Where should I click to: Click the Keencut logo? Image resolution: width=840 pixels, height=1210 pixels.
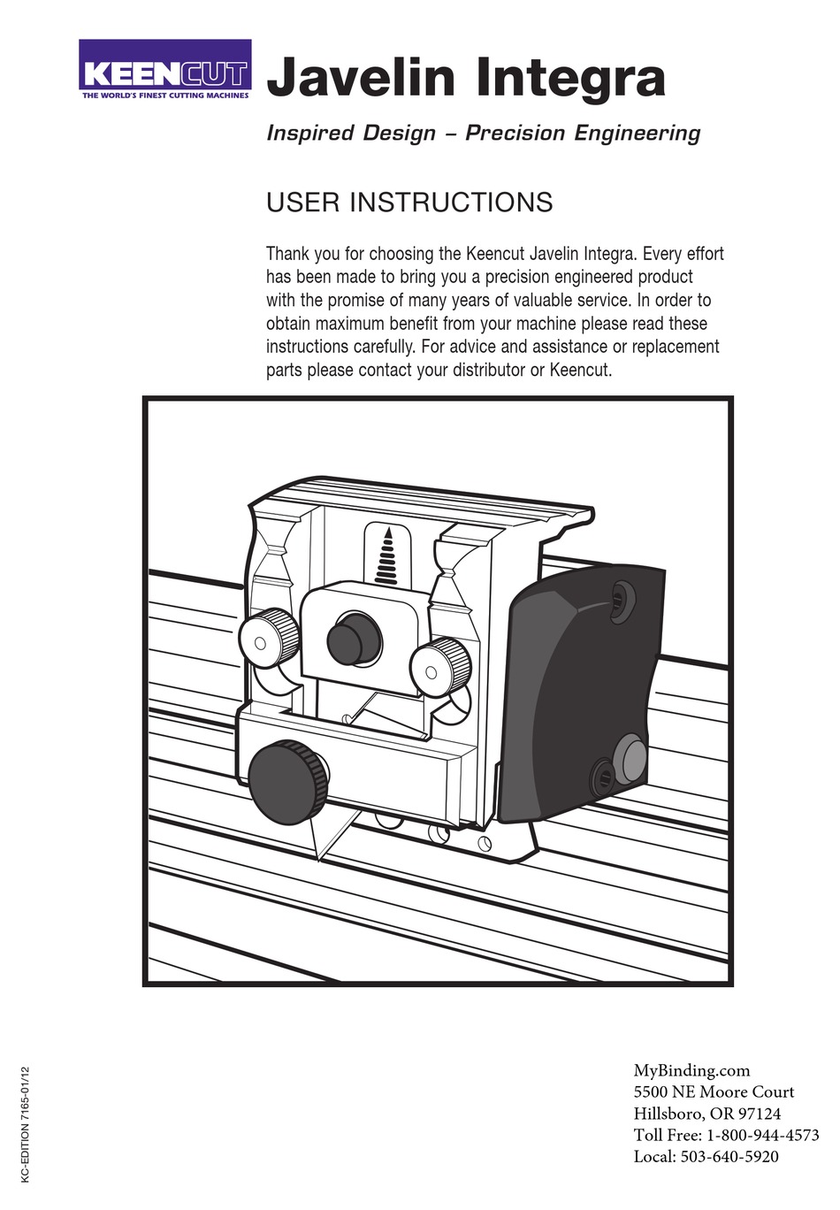tap(165, 70)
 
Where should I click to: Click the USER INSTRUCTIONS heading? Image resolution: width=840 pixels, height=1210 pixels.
tap(409, 203)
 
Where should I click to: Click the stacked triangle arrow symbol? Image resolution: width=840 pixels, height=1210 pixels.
tap(386, 557)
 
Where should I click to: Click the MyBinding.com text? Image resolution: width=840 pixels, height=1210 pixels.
tap(691, 1070)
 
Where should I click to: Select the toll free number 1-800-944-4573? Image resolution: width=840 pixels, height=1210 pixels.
tap(762, 1135)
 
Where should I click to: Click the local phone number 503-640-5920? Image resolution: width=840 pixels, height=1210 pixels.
tap(729, 1157)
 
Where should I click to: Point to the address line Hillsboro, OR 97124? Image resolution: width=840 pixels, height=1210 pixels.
tap(706, 1114)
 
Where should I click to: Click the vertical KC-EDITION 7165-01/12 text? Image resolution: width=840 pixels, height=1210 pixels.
tap(26, 1124)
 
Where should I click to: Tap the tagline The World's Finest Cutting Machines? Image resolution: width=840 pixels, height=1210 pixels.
tap(165, 95)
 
